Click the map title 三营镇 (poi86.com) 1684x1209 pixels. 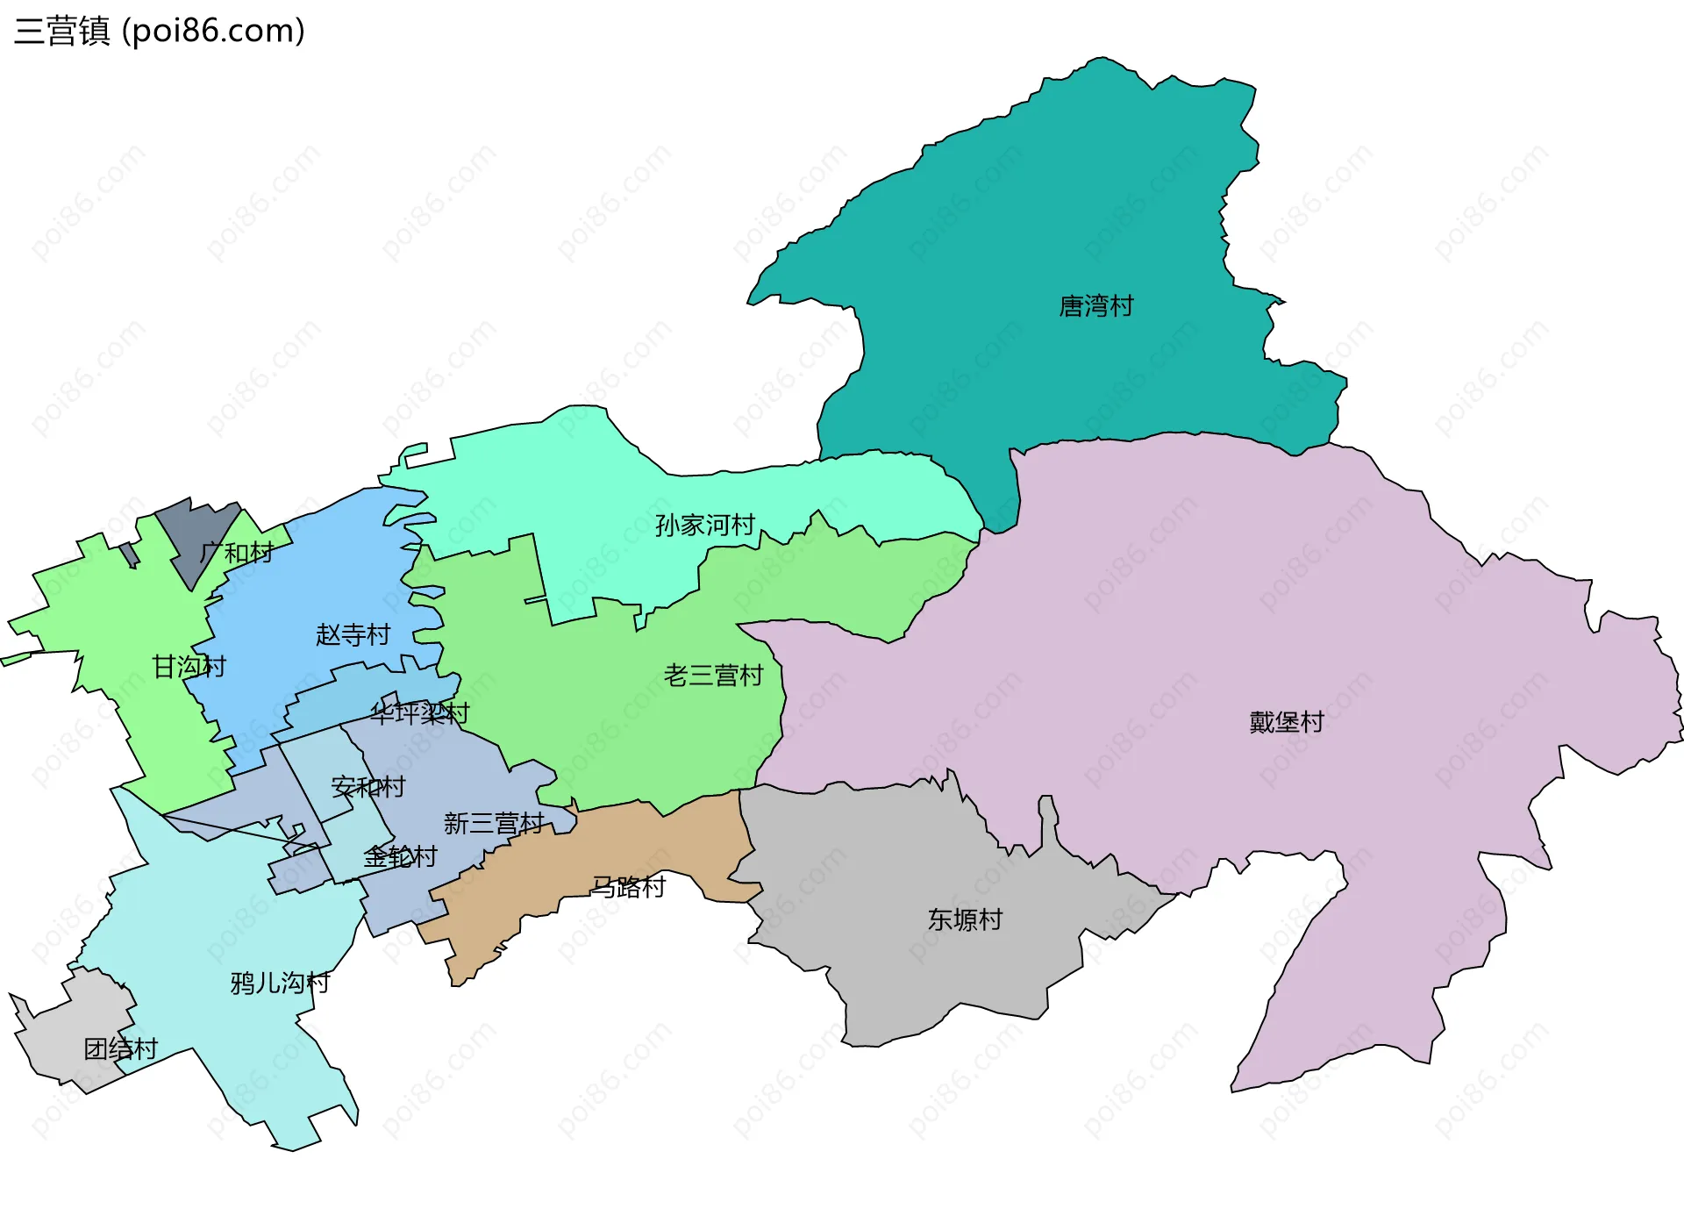(x=160, y=31)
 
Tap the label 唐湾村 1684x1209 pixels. (x=1096, y=306)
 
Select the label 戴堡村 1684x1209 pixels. (x=1287, y=722)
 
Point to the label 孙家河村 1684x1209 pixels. (x=705, y=526)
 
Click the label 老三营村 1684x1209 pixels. (x=713, y=676)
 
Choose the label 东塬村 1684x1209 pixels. (x=965, y=919)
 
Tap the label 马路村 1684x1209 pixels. (x=629, y=887)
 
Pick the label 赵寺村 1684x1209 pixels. (x=353, y=634)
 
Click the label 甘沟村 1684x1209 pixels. (x=189, y=667)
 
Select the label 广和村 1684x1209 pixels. (x=236, y=553)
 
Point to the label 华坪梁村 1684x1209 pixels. (x=419, y=713)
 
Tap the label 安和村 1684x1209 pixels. (x=368, y=787)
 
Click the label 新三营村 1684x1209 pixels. (x=494, y=823)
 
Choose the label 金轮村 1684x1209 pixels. (x=400, y=856)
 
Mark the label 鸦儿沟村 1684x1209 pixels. (x=280, y=983)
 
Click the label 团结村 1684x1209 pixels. (x=120, y=1048)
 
